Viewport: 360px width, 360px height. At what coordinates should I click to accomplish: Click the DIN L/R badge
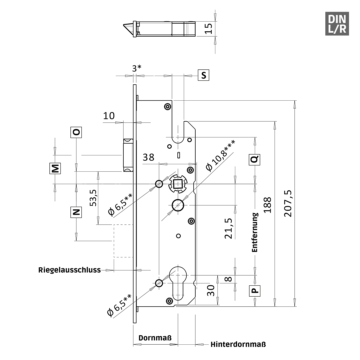click(337, 24)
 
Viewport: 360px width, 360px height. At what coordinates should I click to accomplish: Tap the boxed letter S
click(204, 75)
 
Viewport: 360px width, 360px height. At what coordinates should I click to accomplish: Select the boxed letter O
click(76, 132)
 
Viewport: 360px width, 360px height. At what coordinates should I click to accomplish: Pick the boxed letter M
click(55, 168)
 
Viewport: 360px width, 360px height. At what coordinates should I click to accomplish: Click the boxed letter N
click(76, 212)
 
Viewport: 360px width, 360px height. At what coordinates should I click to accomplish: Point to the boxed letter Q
click(255, 159)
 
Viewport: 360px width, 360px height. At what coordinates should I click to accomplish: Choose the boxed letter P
click(255, 291)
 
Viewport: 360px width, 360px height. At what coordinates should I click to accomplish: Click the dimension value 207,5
click(288, 203)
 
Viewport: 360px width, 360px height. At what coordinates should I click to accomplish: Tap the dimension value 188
click(267, 205)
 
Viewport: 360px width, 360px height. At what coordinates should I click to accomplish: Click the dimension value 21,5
click(229, 229)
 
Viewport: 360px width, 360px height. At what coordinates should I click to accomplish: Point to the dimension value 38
click(148, 157)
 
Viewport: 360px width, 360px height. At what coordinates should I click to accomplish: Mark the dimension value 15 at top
click(209, 28)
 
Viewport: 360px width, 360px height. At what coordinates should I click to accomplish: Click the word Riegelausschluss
click(69, 270)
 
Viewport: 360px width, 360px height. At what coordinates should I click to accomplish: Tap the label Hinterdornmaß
click(238, 344)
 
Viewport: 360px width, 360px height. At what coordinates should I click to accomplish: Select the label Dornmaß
click(155, 338)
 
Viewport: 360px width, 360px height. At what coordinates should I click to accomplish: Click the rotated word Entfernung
click(255, 232)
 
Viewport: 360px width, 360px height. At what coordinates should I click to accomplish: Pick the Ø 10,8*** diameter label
click(220, 156)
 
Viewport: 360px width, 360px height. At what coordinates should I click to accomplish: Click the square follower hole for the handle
click(178, 184)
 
